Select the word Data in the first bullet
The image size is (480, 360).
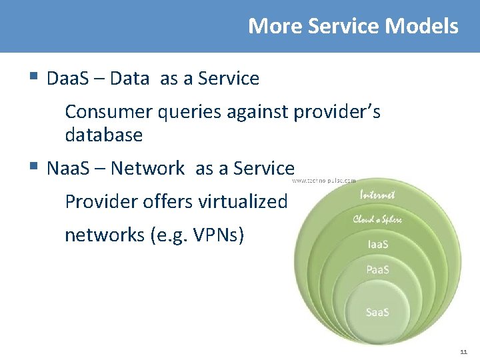tap(129, 79)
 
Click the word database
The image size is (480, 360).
tap(103, 135)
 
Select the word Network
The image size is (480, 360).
tap(147, 169)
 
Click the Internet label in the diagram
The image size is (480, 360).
tap(377, 195)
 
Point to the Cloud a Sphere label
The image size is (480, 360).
tap(377, 219)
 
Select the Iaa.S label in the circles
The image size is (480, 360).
tap(378, 244)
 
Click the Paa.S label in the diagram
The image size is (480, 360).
tap(378, 270)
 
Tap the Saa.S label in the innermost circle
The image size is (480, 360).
tap(378, 312)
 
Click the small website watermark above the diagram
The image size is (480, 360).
tap(324, 180)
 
